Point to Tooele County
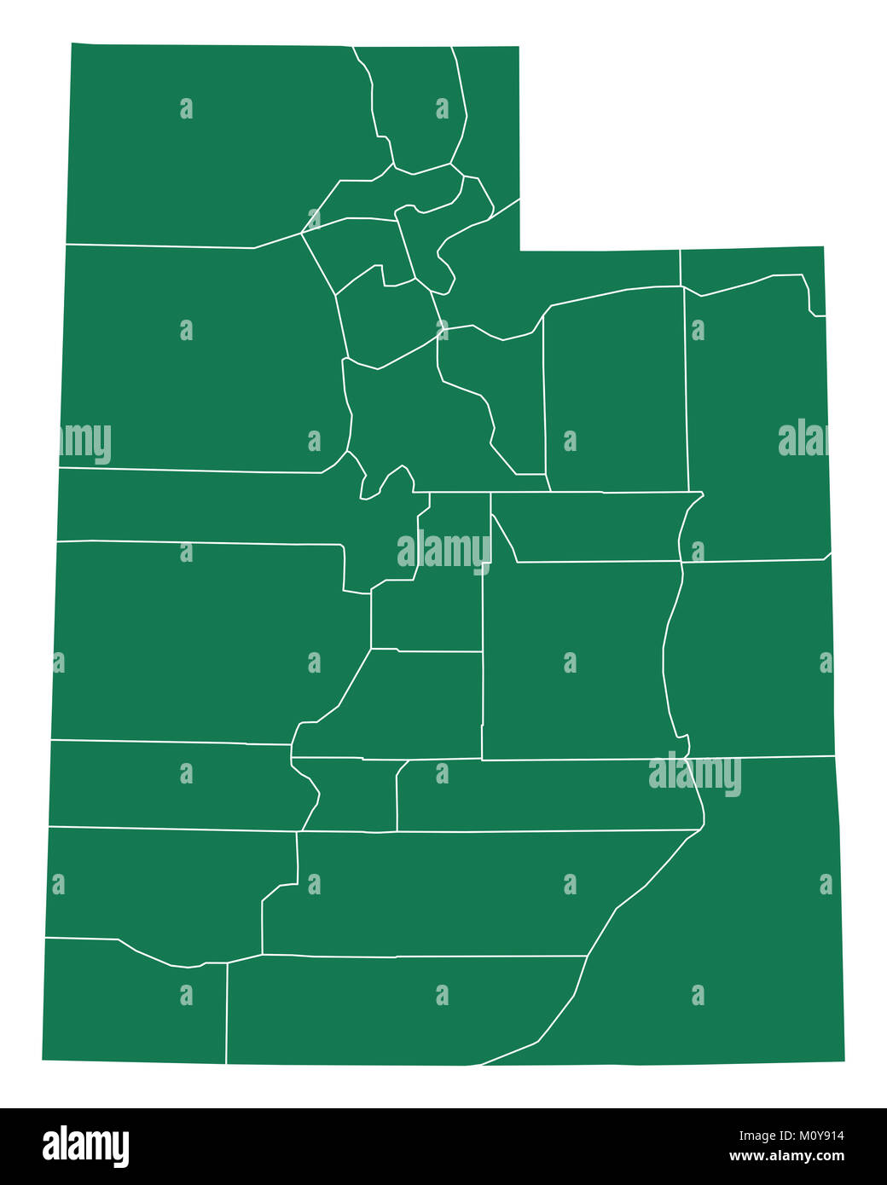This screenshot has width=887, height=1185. [x=196, y=358]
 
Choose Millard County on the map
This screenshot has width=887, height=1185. [x=196, y=639]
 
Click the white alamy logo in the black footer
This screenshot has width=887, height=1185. [x=86, y=1146]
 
